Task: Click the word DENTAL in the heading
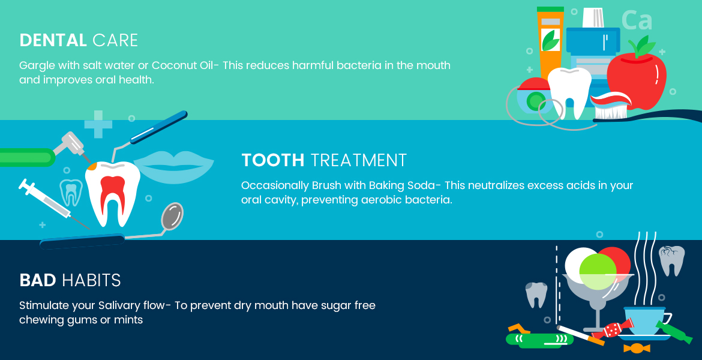53,40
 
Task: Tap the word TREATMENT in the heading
358,160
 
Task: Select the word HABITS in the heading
91,280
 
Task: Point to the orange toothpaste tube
550,43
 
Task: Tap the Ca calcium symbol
637,20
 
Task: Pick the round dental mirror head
172,216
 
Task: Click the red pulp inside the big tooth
112,193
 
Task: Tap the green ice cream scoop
598,271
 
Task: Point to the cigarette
580,335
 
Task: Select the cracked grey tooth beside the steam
671,260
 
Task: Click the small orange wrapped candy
637,348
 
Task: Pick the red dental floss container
534,95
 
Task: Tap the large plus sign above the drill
98,124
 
